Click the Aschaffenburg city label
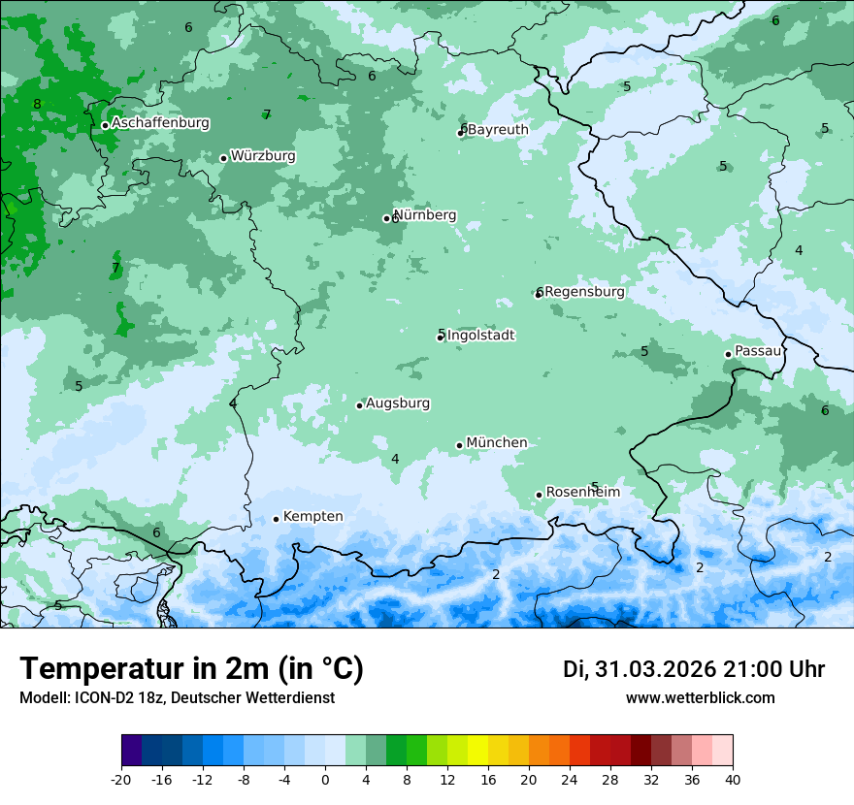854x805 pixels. point(160,123)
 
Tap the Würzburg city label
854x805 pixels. point(263,156)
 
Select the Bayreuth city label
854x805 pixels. point(498,130)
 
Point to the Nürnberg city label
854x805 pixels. point(425,215)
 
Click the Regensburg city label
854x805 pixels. point(585,292)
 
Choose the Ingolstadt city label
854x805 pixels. point(480,336)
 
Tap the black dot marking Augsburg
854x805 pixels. point(359,405)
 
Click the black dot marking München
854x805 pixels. point(460,445)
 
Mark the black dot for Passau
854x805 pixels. point(729,354)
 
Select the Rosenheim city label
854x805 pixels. point(582,493)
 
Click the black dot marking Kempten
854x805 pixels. point(277,519)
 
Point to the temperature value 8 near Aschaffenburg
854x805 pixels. point(37,105)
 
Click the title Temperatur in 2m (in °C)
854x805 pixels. point(191,669)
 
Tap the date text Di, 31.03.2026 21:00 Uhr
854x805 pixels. point(694,669)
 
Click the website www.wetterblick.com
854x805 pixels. point(700,698)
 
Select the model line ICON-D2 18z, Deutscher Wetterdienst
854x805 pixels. point(177,698)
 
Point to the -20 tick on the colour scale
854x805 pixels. point(121,779)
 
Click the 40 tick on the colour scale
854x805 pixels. point(732,779)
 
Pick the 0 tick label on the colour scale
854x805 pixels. point(325,779)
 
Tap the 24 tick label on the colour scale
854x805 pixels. point(569,779)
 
